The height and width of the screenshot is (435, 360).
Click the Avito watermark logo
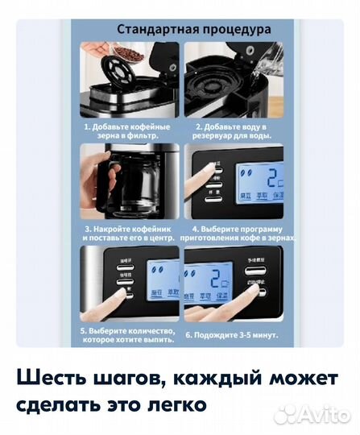[x=314, y=414]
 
